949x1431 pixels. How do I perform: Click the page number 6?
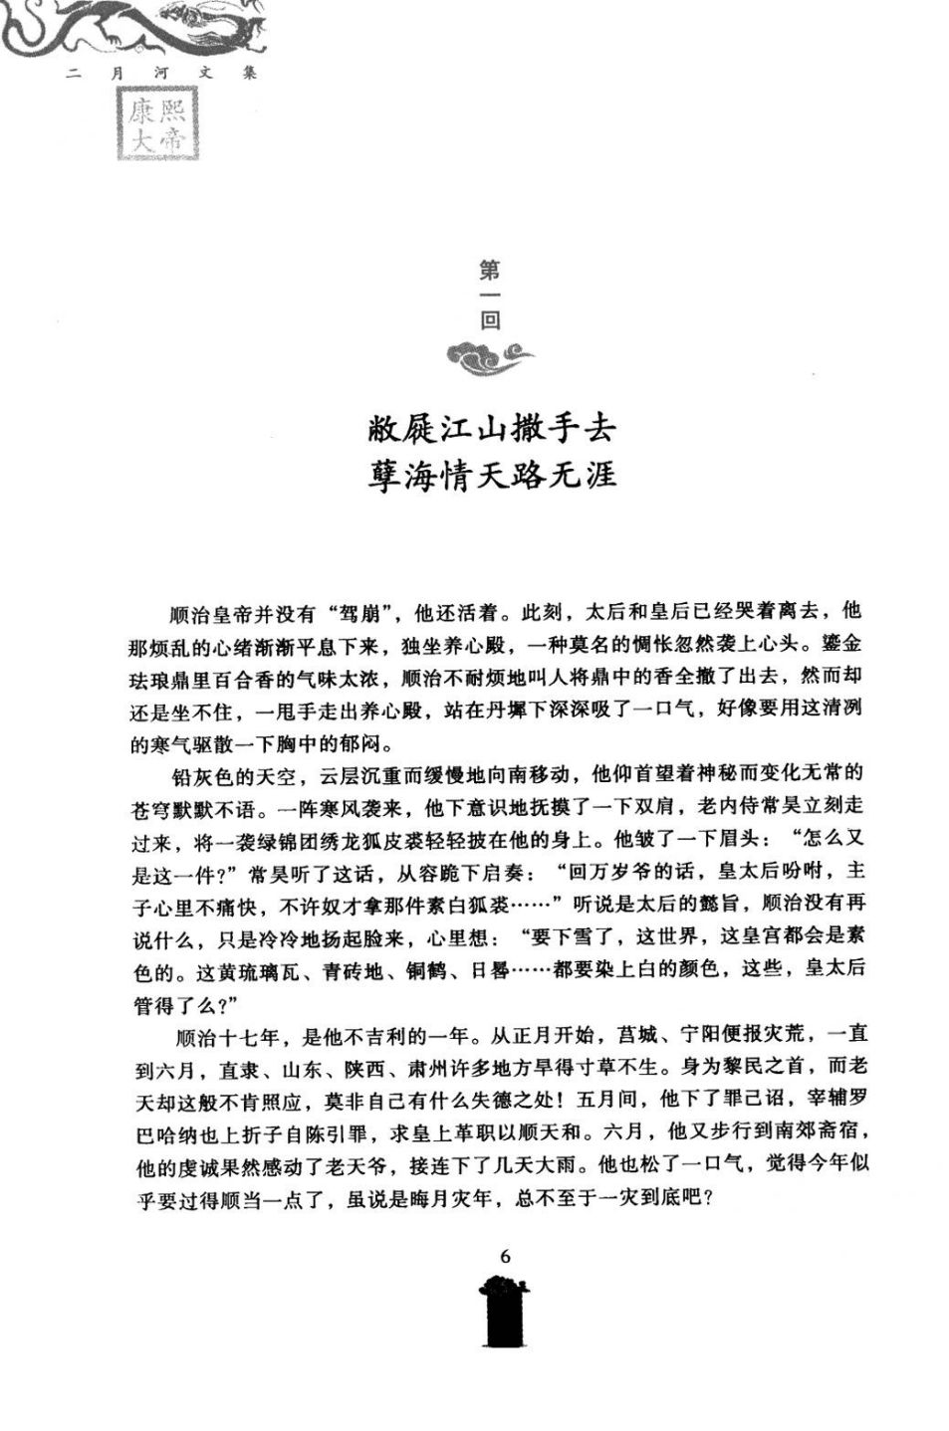pyautogui.click(x=505, y=1256)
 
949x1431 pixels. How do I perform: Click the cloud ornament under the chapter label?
pyautogui.click(x=489, y=355)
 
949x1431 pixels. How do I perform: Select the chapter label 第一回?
pyautogui.click(x=490, y=295)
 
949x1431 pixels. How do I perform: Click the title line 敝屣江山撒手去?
pyautogui.click(x=491, y=428)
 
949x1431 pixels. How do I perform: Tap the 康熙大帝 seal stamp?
pyautogui.click(x=156, y=126)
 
